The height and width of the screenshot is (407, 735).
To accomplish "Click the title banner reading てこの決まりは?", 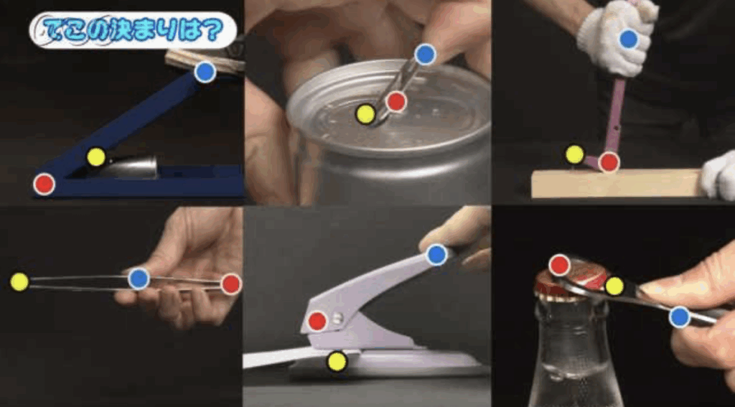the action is (x=133, y=30).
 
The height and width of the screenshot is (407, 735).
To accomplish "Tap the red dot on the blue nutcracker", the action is (x=44, y=184).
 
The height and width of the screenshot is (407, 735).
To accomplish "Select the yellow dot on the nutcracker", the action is (x=96, y=157).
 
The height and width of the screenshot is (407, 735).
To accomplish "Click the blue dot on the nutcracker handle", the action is (x=205, y=72).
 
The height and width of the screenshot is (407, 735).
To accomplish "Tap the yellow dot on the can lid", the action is (x=365, y=114).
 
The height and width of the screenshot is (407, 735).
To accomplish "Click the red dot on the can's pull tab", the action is (x=396, y=101).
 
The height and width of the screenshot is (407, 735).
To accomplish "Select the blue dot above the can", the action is (x=425, y=55).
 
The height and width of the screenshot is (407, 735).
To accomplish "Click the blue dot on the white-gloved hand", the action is (x=629, y=39).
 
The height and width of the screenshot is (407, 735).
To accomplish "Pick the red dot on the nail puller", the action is (x=609, y=162).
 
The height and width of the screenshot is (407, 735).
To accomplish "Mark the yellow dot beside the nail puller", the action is (x=575, y=154).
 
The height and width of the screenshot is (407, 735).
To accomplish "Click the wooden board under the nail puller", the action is (x=618, y=183).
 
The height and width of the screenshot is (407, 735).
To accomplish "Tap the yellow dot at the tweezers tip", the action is (x=19, y=281).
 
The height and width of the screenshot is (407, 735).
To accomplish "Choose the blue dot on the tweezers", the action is (x=139, y=279).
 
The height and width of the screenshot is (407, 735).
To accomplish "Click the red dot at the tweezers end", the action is (x=230, y=284).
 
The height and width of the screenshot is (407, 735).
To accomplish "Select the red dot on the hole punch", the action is (x=317, y=321).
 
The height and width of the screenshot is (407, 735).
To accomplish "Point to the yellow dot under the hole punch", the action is (x=337, y=361).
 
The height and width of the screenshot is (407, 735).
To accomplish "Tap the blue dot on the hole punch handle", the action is (x=437, y=255).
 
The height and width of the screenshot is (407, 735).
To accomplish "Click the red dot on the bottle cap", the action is (x=559, y=265).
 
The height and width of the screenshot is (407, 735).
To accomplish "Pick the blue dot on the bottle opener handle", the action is (x=680, y=317).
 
